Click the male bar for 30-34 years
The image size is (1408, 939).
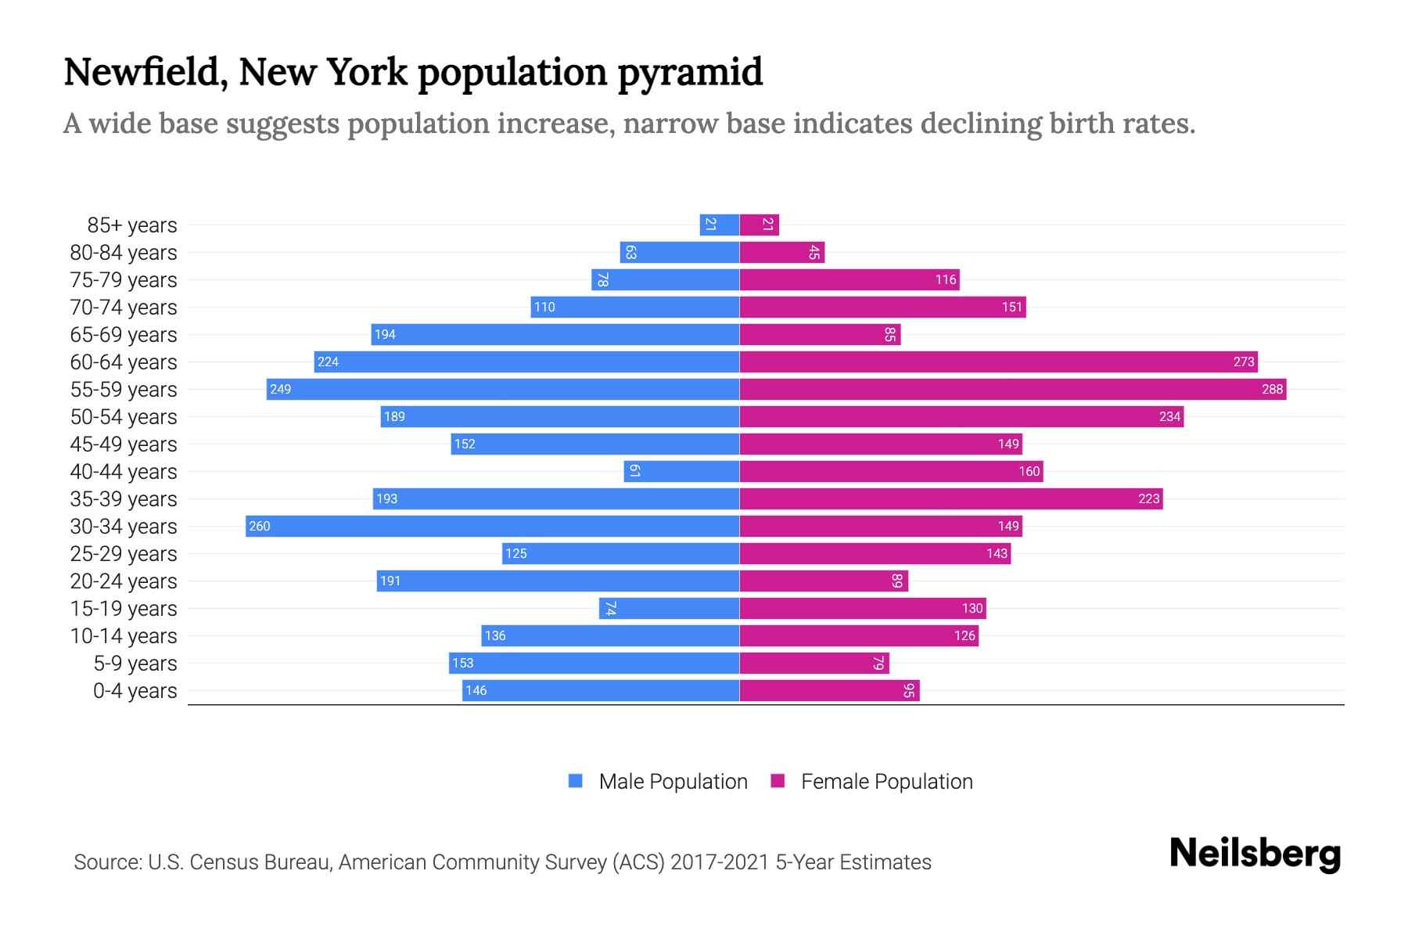(x=493, y=526)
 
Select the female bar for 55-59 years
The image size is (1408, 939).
(x=1013, y=389)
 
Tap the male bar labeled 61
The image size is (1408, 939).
(x=681, y=471)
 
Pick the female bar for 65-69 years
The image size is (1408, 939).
(x=820, y=334)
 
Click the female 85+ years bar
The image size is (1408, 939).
(x=759, y=225)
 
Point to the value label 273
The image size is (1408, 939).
(x=1243, y=362)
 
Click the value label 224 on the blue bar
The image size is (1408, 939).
(x=328, y=362)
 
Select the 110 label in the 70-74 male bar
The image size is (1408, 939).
(x=544, y=307)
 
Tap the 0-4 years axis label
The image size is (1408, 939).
(x=135, y=691)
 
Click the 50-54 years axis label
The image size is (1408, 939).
(x=124, y=417)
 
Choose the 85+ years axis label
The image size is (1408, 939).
(x=131, y=225)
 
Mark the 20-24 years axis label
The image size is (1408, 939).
(x=124, y=581)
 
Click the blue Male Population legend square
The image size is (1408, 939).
(x=576, y=781)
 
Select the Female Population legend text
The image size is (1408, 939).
(x=886, y=782)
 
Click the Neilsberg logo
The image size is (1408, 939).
(x=1255, y=854)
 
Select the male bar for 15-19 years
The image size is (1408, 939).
(x=669, y=608)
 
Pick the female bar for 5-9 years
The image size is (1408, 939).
(x=814, y=663)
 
